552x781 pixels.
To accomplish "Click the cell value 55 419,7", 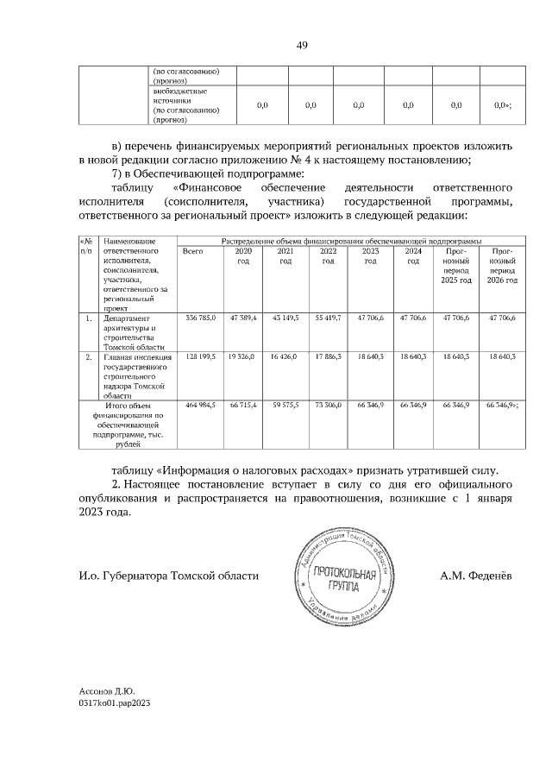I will (328, 319).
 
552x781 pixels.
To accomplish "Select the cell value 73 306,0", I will (328, 404).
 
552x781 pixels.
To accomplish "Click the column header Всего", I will (193, 250).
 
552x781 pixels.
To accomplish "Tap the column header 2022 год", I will (328, 255).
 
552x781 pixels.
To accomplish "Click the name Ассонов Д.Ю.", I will (106, 691).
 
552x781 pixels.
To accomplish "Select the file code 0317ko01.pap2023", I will (115, 703).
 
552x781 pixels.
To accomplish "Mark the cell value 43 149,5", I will (285, 319).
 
